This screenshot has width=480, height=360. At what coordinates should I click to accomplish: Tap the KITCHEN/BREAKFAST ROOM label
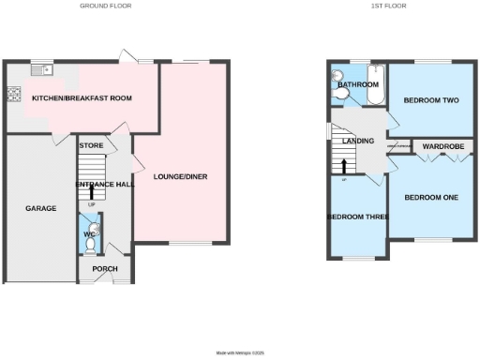82,97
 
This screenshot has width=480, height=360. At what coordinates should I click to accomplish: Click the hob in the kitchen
14,93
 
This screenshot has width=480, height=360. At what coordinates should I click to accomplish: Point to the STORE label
91,145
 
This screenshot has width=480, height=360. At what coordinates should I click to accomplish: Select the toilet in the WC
90,247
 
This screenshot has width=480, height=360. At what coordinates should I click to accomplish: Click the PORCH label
104,269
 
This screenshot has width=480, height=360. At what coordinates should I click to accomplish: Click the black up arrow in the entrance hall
92,194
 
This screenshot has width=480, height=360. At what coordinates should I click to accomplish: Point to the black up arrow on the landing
344,167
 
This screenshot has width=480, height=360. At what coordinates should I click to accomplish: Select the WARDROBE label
438,147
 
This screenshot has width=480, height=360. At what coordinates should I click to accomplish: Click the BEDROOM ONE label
431,197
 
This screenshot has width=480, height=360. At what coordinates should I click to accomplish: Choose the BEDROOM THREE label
357,217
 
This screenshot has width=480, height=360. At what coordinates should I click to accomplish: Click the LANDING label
359,142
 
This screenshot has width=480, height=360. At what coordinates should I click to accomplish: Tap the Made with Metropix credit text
241,352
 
